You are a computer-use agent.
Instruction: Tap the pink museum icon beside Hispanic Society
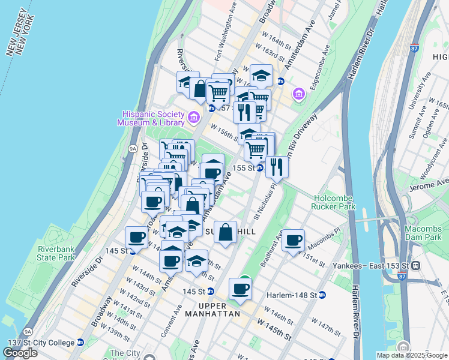click(194, 116)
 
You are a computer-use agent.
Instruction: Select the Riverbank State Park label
click(55, 253)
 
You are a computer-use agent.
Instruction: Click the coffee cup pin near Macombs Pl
click(293, 241)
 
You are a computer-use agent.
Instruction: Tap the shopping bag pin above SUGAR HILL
click(225, 232)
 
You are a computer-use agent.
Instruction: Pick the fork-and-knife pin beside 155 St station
click(277, 167)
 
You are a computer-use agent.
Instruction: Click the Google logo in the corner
click(20, 353)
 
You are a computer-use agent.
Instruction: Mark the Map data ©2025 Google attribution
click(411, 355)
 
